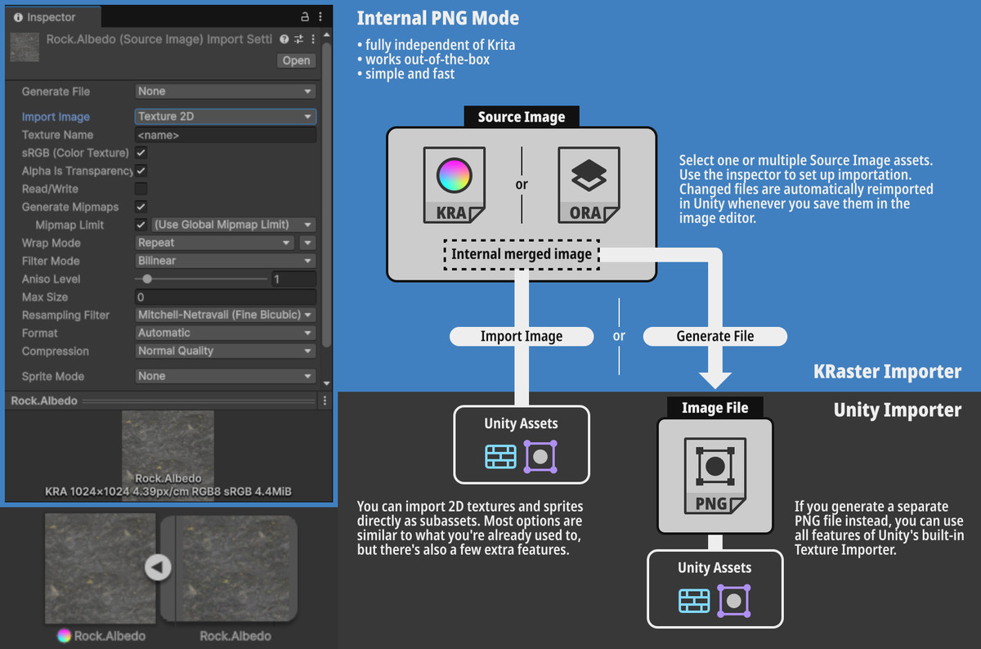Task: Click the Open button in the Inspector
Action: tap(296, 60)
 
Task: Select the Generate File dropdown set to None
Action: tap(225, 92)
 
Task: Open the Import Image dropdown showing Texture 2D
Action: tap(225, 117)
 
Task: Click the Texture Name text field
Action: tap(225, 135)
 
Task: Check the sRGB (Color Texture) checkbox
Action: tap(141, 153)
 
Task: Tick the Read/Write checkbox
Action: tap(141, 189)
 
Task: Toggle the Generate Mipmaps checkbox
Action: tap(141, 207)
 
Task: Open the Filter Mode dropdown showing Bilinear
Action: tap(225, 261)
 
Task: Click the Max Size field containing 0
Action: tap(225, 297)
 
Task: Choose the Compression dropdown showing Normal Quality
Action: tap(225, 351)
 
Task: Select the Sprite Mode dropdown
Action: tap(225, 376)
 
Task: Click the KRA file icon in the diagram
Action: tap(455, 185)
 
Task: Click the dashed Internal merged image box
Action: tap(522, 254)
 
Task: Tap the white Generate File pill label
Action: tap(714, 336)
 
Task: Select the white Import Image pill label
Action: tap(522, 336)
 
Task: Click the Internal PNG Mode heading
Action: tap(437, 18)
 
